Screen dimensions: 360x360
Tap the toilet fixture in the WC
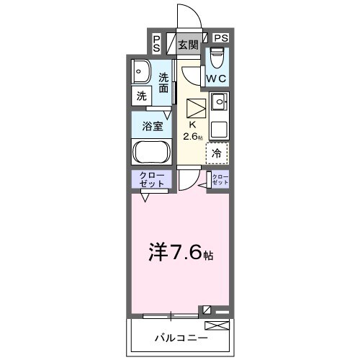(217, 57)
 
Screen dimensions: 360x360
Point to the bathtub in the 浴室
(150, 152)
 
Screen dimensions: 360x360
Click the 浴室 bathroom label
(151, 125)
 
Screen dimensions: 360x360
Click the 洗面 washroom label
(164, 83)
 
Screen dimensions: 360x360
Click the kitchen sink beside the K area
(218, 101)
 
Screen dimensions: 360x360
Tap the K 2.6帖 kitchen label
(192, 130)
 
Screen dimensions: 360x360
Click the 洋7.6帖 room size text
(181, 252)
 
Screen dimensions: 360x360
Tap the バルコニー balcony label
(181, 337)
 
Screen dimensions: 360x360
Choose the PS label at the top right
(220, 38)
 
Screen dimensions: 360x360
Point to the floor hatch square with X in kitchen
(196, 109)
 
